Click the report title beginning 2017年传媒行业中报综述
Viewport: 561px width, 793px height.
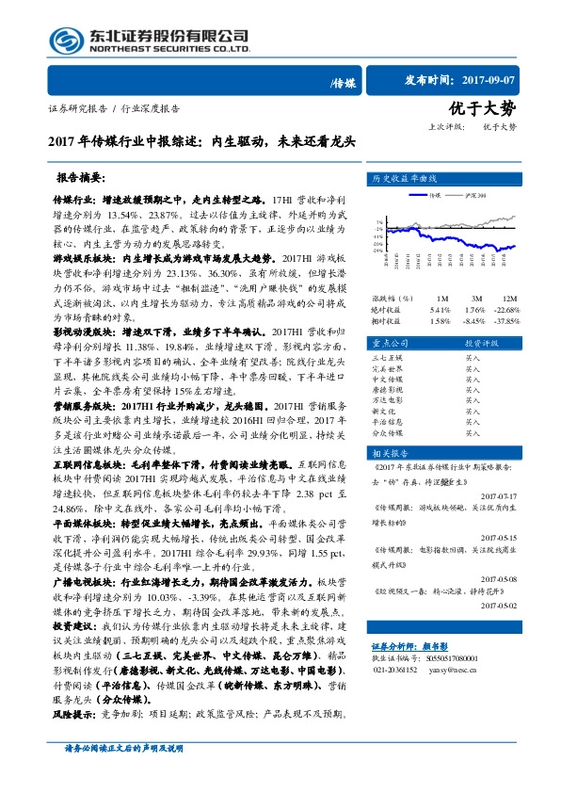(201, 143)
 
